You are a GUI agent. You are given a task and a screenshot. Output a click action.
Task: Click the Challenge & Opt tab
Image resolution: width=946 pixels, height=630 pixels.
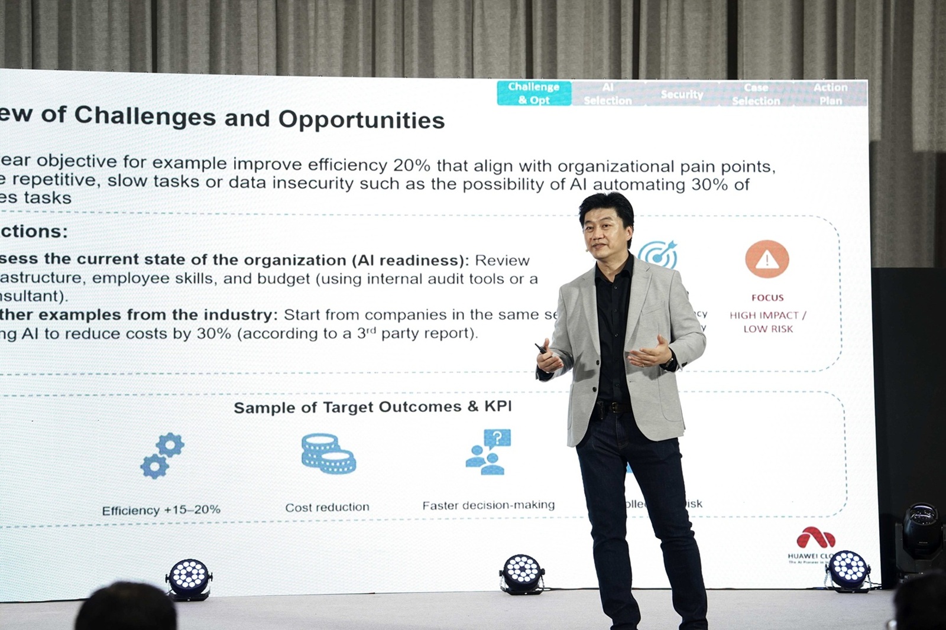tap(534, 93)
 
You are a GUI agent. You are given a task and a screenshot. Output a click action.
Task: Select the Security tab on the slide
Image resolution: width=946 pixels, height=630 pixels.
tap(682, 95)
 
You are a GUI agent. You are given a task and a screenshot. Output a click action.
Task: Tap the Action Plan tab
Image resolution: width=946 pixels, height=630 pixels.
tap(830, 94)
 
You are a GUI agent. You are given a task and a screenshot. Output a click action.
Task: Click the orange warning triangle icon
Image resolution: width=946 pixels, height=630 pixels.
tap(767, 259)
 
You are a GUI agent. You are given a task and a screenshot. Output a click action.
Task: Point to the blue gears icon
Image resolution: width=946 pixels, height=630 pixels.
tap(162, 456)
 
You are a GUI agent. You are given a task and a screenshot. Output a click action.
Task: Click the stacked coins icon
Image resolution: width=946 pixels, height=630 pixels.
tap(328, 454)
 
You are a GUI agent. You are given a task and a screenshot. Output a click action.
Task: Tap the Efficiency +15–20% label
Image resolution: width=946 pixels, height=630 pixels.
tap(161, 510)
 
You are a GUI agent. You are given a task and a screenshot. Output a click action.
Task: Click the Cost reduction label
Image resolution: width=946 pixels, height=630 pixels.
tap(327, 507)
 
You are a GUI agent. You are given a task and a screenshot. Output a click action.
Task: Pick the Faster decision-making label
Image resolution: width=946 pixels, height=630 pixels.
tap(488, 505)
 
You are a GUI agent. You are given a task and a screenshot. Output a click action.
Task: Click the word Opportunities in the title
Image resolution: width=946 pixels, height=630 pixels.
tap(361, 119)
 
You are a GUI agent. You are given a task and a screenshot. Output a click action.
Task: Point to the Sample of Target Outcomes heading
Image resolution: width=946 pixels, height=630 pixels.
tap(372, 407)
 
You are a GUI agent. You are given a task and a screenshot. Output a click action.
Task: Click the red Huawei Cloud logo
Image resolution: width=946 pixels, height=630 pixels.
tap(816, 539)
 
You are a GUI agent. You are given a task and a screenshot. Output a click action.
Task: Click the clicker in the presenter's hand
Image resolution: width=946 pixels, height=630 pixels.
tap(541, 349)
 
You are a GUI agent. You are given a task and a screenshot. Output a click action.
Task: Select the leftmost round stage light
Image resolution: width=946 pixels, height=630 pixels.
tap(188, 577)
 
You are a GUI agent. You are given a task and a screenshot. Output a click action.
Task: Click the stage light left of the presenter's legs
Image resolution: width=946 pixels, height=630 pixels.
tap(522, 573)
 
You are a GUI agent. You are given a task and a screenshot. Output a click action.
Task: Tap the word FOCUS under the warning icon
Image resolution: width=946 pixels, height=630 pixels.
tap(767, 298)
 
